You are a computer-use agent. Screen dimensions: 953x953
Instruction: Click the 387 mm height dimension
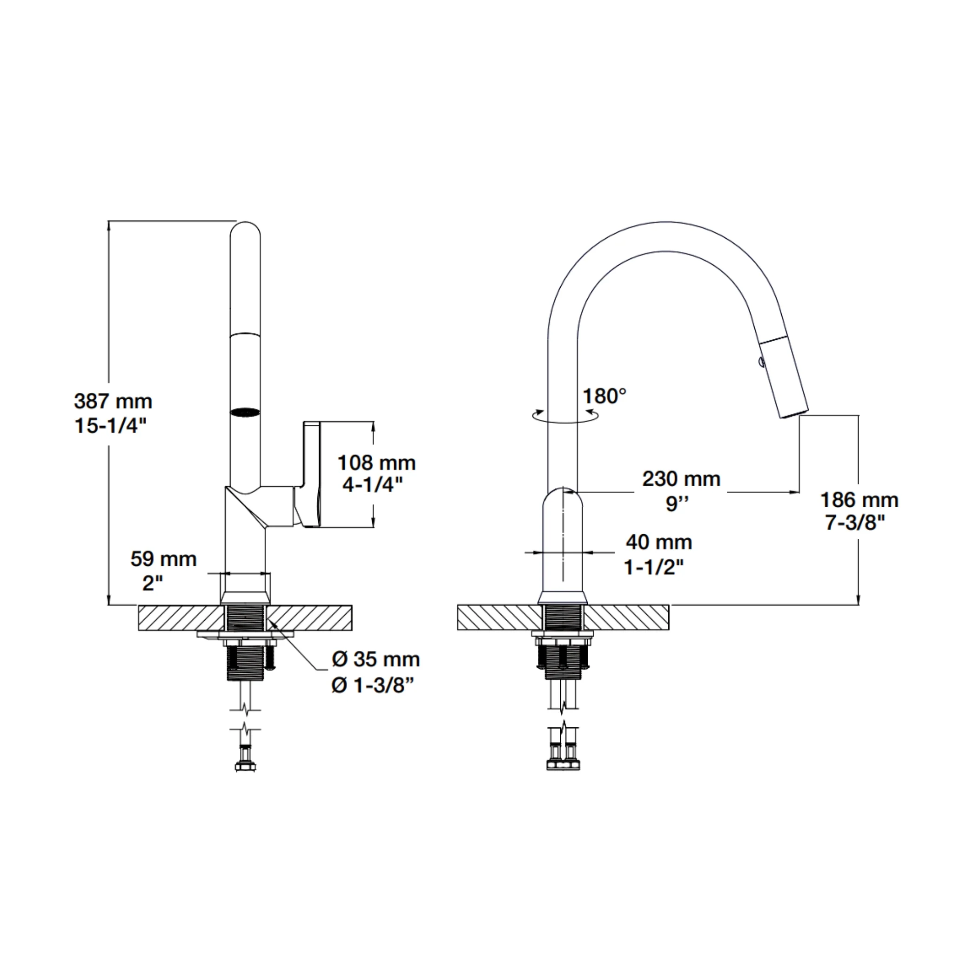[x=113, y=401]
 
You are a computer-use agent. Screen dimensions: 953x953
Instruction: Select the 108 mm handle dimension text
[x=376, y=463]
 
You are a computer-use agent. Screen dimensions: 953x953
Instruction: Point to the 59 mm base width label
[x=163, y=559]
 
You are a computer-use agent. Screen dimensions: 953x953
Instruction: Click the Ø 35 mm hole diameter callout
[x=376, y=659]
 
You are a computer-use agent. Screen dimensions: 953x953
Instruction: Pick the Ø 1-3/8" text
[x=372, y=685]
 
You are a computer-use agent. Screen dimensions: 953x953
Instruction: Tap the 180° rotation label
[x=604, y=396]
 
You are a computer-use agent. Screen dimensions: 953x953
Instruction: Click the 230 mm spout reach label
[x=681, y=478]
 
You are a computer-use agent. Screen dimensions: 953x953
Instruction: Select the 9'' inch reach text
[x=677, y=503]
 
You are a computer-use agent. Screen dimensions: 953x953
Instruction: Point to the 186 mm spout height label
[x=859, y=500]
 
